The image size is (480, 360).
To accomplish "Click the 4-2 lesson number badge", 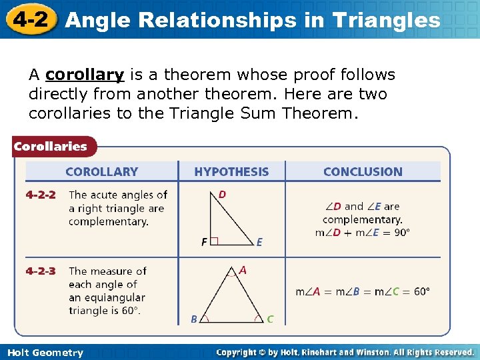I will pos(30,19).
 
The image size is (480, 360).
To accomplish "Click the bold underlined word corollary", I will pos(85,75).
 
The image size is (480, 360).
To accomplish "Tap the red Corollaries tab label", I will pos(51,146).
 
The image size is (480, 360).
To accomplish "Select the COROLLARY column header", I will pos(101,172).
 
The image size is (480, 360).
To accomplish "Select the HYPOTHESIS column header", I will pos(231,172).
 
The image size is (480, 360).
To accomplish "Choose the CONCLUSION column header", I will pos(363,172).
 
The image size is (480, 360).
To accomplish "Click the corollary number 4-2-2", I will pos(41,195).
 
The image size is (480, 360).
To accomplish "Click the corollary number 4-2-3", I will pos(41,271).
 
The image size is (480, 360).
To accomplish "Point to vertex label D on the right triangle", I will pos(222,194).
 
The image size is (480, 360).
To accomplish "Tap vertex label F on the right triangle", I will pos(204,242).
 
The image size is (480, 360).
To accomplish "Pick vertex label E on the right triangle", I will pos(259,242).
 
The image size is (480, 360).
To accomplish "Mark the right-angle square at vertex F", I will pos(214,242).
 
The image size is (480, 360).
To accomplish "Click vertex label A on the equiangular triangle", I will pos(243,271).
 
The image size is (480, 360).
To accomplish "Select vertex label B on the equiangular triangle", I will pos(194,319).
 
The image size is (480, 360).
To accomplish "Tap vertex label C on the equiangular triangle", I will pos(270,319).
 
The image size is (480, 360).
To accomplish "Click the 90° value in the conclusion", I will pos(401,233).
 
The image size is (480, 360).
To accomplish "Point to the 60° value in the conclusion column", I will pos(421,291).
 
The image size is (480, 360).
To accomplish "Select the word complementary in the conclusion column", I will pos(362,219).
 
